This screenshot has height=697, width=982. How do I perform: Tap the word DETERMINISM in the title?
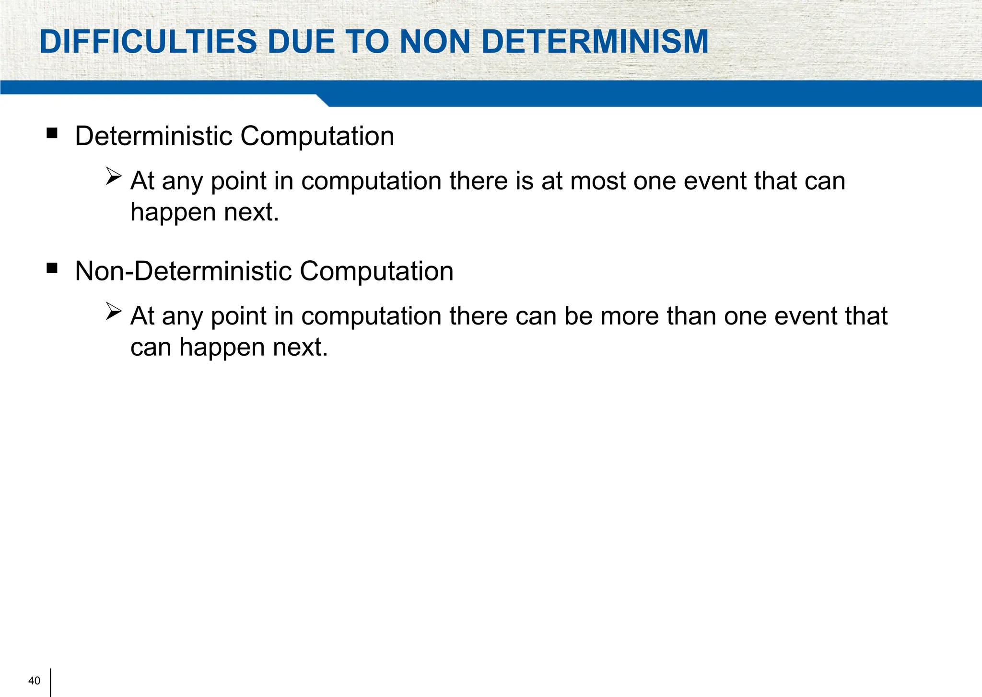coord(595,42)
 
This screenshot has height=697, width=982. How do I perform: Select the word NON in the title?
coord(435,42)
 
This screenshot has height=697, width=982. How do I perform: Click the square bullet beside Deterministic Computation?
coord(52,133)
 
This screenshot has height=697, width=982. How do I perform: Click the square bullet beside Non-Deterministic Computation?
coord(52,268)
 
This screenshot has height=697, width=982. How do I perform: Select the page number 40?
coord(35,681)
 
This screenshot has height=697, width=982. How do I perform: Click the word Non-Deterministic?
coord(184,271)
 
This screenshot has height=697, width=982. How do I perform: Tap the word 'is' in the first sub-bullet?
coord(525,181)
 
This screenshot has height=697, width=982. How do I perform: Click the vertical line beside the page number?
coord(50,682)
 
